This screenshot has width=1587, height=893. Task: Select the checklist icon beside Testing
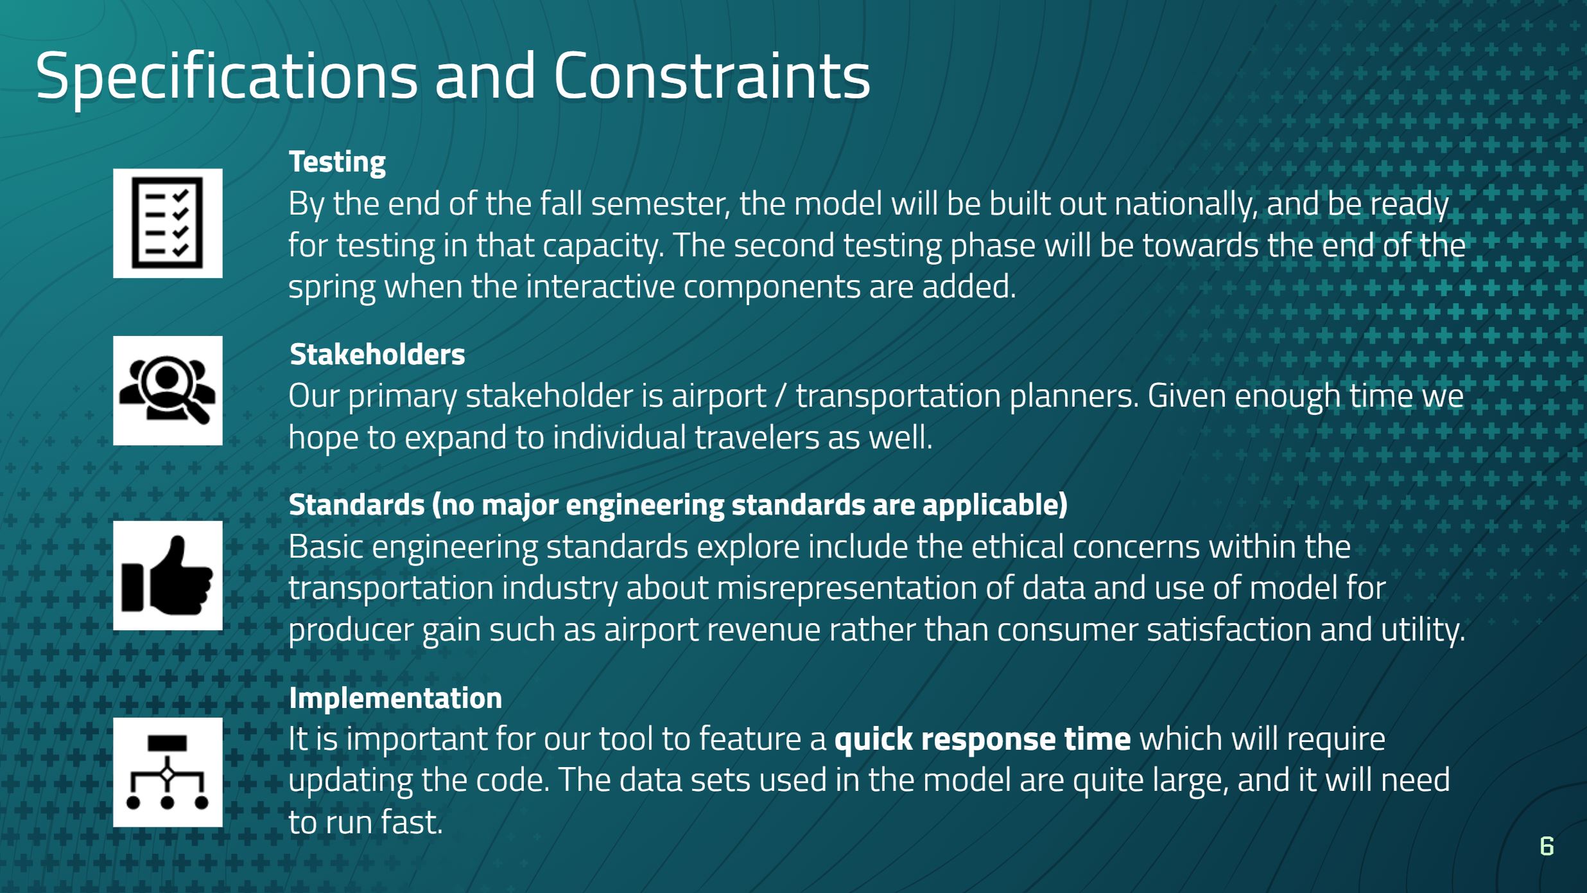(168, 223)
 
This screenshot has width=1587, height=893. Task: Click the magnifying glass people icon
(168, 390)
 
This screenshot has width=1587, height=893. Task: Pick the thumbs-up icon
(168, 575)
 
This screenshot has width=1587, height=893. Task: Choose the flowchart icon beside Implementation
(168, 772)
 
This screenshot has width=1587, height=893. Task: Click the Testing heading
(337, 163)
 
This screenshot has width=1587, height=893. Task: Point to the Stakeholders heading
(377, 354)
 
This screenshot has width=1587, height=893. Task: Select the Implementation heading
(395, 698)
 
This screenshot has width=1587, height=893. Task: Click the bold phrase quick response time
(982, 739)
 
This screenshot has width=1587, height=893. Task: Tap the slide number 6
(1547, 846)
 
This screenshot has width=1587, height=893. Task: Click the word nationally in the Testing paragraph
(1185, 204)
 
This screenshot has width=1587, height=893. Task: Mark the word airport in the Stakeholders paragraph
(719, 396)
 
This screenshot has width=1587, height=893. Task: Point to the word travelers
(756, 438)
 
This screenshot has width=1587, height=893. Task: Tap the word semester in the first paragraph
(660, 204)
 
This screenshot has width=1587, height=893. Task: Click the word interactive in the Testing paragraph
(600, 287)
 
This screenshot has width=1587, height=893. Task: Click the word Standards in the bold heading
(357, 505)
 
